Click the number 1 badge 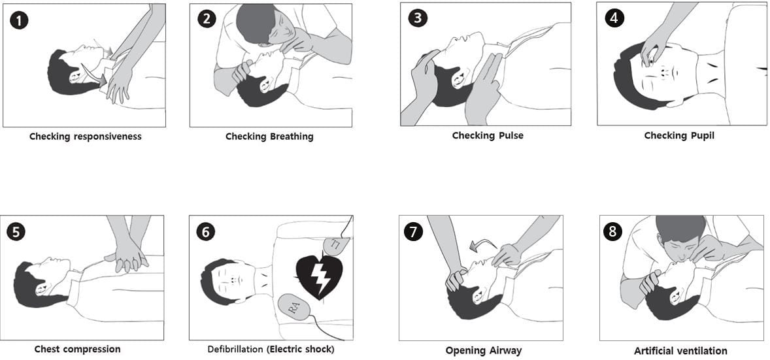coord(19,20)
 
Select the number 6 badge coord(205,231)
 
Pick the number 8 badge coord(612,231)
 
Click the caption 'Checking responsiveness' coord(85,137)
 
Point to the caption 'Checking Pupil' coord(679,135)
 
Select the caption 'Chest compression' coord(77,349)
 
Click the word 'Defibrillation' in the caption coord(235,349)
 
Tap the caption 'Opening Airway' coord(483,350)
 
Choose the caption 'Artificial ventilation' coord(680,351)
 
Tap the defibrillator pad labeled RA coord(295,306)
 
